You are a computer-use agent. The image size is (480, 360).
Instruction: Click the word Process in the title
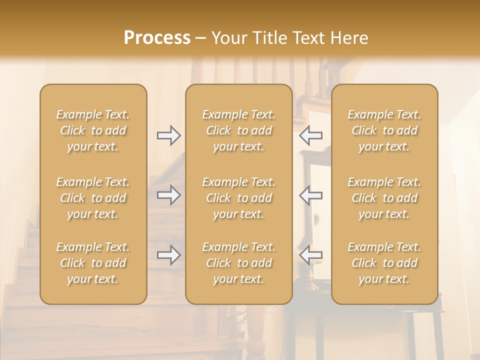point(157,37)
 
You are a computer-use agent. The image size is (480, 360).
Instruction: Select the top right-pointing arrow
point(169,135)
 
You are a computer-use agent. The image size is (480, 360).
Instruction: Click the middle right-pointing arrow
point(169,195)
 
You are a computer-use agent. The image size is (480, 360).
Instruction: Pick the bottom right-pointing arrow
point(169,255)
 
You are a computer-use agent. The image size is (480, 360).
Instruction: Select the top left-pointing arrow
point(310,135)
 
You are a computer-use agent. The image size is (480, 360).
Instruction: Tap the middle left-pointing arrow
point(310,195)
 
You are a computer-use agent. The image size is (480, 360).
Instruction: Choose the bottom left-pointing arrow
point(310,255)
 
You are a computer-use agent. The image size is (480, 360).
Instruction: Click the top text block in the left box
point(93,130)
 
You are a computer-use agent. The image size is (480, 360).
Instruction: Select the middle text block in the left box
point(93,198)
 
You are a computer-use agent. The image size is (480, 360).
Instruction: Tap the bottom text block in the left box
point(93,263)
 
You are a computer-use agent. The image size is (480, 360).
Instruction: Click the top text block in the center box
point(238,130)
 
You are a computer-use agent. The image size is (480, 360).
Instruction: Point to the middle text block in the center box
point(238,198)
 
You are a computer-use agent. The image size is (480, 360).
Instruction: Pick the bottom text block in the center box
point(238,263)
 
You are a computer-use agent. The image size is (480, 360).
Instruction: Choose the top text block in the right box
point(384,130)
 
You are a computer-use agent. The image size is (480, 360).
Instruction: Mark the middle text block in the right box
point(384,198)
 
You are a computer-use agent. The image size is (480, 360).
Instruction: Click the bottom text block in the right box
point(384,263)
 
